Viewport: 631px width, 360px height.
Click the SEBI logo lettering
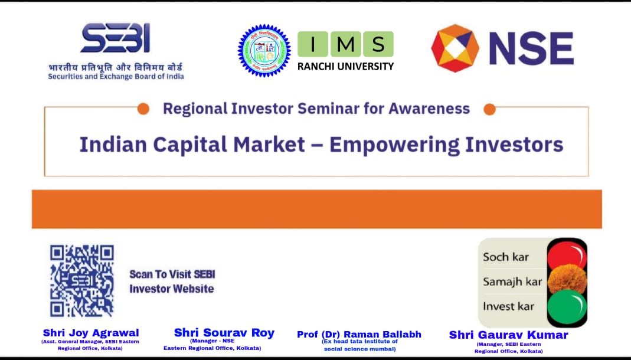(x=116, y=38)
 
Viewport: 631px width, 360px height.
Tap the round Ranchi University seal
(x=264, y=51)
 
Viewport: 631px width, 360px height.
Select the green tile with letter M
(x=345, y=44)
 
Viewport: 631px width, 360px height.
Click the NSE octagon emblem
(x=455, y=48)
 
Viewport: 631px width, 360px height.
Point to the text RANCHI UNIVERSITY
(x=345, y=66)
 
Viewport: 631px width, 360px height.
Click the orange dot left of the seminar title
(x=143, y=109)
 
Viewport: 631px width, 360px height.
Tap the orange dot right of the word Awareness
(x=489, y=109)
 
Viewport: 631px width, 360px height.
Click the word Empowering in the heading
(x=394, y=145)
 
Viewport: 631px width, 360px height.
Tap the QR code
(x=81, y=281)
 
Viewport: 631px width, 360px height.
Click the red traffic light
(x=567, y=255)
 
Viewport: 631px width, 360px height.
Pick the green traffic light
(x=567, y=306)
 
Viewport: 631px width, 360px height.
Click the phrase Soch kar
(x=506, y=257)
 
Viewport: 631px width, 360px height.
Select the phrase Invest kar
(x=508, y=306)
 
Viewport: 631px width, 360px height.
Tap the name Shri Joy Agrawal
(x=91, y=333)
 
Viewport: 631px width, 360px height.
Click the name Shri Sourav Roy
(x=224, y=333)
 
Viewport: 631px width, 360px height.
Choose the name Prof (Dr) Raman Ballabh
(x=359, y=334)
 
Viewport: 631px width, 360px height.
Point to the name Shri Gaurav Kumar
(x=508, y=335)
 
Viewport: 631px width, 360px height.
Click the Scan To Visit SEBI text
(x=172, y=274)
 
